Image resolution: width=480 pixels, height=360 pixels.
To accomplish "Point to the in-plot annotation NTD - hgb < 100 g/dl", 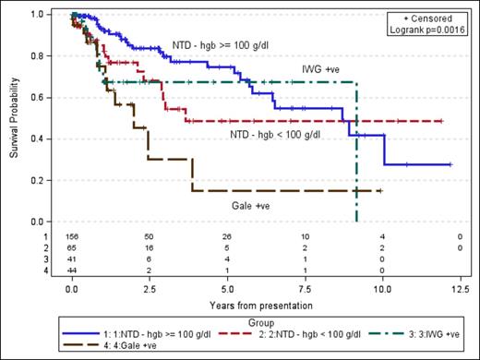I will [x=274, y=135].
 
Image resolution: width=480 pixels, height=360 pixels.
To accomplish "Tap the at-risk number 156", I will [x=72, y=237].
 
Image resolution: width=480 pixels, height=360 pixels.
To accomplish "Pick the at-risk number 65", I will [x=72, y=248].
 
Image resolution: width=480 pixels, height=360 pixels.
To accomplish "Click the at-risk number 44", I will [x=72, y=270].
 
